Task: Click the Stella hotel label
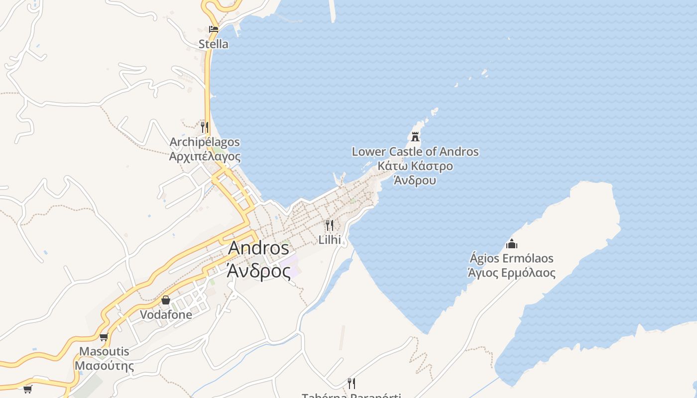214,44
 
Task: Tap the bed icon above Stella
214,29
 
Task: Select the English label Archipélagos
205,142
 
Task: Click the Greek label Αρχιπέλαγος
205,156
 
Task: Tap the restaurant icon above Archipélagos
205,127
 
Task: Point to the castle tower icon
415,136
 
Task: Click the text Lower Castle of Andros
415,152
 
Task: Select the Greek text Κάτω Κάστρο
415,166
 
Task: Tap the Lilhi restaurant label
330,240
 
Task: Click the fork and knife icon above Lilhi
330,225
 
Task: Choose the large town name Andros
258,248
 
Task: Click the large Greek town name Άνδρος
258,271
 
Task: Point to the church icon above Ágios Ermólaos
511,244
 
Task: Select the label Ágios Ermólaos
511,259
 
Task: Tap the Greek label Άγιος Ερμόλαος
511,273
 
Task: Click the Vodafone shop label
166,314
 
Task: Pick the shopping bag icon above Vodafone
166,300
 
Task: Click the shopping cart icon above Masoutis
104,337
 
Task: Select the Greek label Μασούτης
104,366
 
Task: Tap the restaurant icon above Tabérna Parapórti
351,383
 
